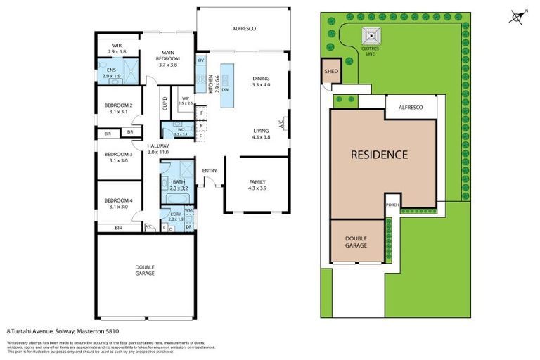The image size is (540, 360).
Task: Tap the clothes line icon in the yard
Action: pos(370,35)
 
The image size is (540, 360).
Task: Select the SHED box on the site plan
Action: pos(331,71)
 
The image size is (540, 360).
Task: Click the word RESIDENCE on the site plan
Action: pos(379,155)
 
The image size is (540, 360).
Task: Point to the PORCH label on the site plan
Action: pos(392,205)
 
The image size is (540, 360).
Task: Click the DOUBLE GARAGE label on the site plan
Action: pos(356,242)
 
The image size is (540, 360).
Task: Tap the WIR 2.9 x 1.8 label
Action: pos(117,49)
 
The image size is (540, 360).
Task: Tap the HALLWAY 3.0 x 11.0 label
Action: pos(158,148)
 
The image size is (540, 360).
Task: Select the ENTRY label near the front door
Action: pos(210,171)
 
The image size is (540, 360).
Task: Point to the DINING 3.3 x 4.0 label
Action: pos(261,82)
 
